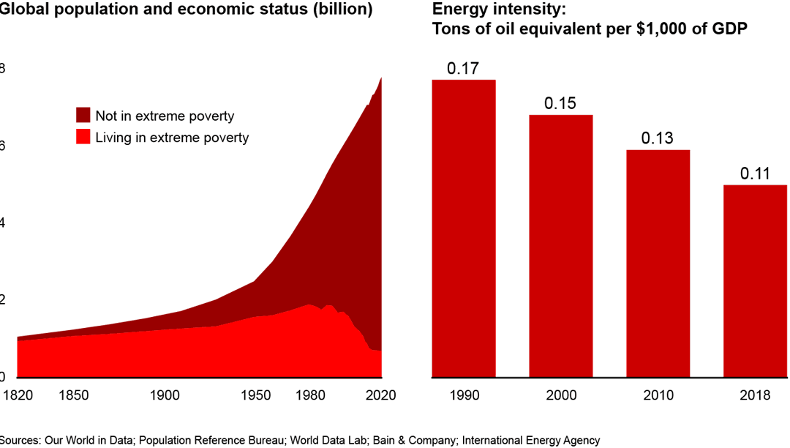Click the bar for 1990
[464, 228]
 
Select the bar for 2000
[561, 246]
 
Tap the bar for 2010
[658, 264]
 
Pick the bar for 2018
[755, 281]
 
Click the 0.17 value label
[463, 70]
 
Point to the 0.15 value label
[560, 104]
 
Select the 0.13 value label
[658, 138]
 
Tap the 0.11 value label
[755, 174]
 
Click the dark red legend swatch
[83, 116]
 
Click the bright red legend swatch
[83, 137]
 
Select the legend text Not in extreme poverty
[165, 116]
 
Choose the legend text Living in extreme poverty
[172, 138]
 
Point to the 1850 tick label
[74, 395]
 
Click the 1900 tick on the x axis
[165, 395]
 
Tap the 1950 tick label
[255, 395]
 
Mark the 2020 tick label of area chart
[380, 395]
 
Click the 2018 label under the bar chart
[755, 395]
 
